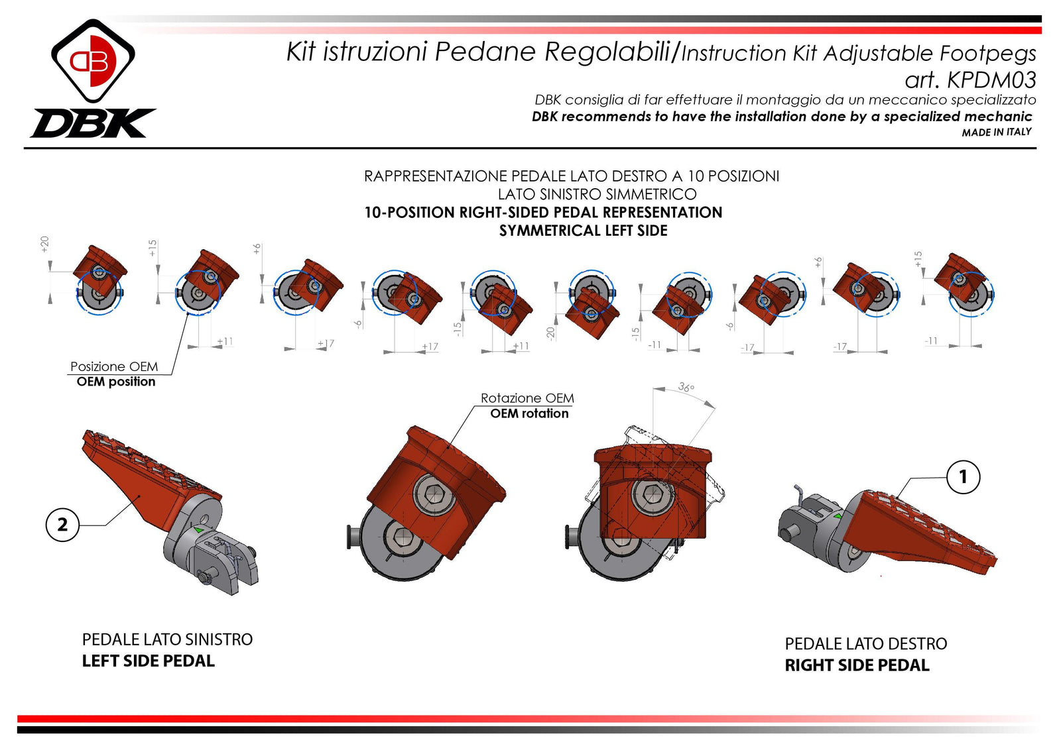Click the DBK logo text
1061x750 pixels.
coord(93,124)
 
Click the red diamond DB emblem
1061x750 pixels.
coord(93,61)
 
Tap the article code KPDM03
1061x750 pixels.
coord(991,80)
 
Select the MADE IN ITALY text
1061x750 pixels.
coord(996,133)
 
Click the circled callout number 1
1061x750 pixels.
coord(963,477)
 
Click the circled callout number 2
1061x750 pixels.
coord(62,525)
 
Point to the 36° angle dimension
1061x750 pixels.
coord(686,388)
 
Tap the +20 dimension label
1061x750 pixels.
coord(45,244)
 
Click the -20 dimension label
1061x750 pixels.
coord(550,333)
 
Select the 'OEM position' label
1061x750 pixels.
coord(115,382)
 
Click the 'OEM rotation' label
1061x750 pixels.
coord(529,413)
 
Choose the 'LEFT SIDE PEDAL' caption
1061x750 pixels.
coord(148,661)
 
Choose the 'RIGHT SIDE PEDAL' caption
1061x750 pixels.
coord(857,665)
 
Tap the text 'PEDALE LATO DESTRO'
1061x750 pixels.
coord(865,644)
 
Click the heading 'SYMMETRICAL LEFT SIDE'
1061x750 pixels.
coord(583,231)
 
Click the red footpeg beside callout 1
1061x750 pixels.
coord(922,530)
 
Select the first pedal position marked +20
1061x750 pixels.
coord(99,278)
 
